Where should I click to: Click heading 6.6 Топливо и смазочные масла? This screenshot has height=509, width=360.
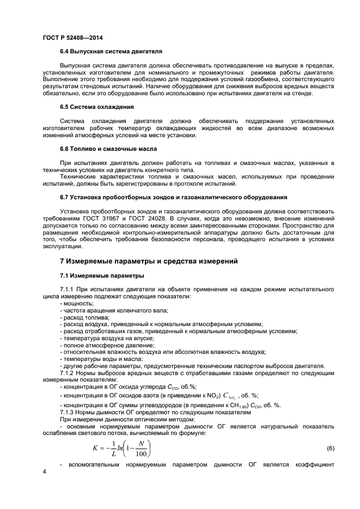click(108, 149)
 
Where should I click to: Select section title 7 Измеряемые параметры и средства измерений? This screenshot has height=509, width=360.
click(148, 261)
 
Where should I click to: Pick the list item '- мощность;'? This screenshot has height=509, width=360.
click(77, 303)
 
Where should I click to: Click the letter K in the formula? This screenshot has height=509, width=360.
click(96, 448)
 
